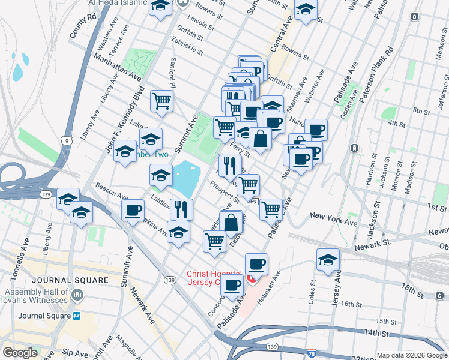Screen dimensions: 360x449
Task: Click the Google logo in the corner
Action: pyautogui.click(x=20, y=353)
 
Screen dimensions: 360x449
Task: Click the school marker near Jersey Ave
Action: pyautogui.click(x=327, y=259)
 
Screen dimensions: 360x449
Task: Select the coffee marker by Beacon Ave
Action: pyautogui.click(x=133, y=210)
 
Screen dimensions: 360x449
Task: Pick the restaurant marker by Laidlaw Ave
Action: pyautogui.click(x=181, y=209)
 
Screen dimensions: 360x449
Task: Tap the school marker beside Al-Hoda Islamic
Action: pyautogui.click(x=160, y=7)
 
